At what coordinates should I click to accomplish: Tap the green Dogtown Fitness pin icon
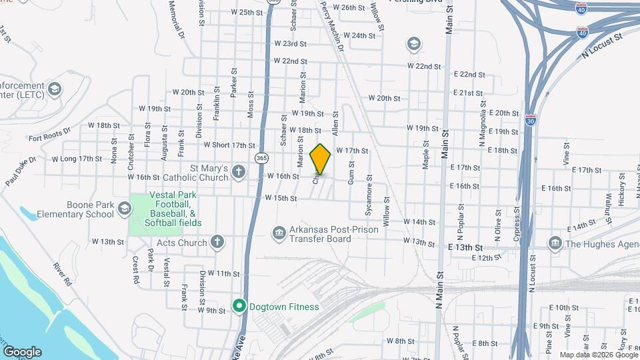coord(239,307)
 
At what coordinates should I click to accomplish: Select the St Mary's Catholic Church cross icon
coord(239,173)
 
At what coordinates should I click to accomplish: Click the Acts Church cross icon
coord(217,243)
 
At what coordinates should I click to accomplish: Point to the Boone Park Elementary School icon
coord(124,209)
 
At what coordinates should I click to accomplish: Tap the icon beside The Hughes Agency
coord(555,243)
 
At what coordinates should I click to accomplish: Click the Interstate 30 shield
coord(529,120)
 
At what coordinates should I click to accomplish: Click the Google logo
coord(21,352)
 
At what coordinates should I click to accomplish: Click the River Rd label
coord(63,274)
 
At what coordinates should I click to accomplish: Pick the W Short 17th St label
coord(229,145)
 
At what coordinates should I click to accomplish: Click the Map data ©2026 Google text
coord(597,355)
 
